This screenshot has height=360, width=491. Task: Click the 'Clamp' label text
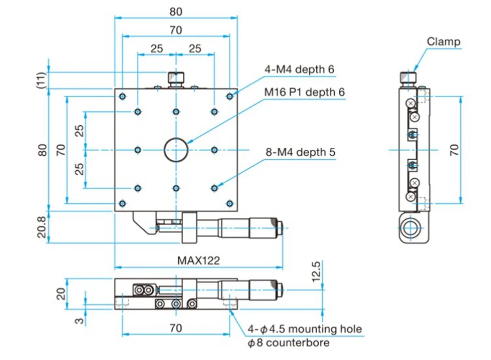point(444,41)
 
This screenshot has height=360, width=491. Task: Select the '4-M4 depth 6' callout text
point(299,70)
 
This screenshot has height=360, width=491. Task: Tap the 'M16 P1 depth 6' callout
point(304,92)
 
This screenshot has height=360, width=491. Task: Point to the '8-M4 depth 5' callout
point(300,153)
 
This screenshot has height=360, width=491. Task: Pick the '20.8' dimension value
point(41,227)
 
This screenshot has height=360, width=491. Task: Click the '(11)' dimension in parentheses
point(41,80)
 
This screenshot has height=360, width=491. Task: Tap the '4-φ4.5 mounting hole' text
point(305,329)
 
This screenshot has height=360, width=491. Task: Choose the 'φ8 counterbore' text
point(288,342)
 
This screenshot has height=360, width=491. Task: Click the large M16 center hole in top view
point(176,150)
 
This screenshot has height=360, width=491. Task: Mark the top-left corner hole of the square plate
point(122,97)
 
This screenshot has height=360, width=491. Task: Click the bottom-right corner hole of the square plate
point(230,203)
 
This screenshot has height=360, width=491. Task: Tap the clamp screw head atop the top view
point(176,78)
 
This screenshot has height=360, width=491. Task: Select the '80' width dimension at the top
point(176,12)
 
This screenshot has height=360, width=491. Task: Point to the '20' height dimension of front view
point(61,294)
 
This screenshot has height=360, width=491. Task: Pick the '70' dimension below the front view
point(176,328)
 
